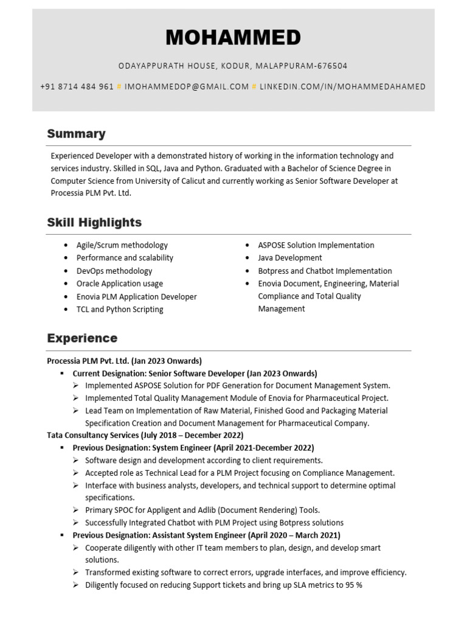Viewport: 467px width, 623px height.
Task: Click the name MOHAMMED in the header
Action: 233,38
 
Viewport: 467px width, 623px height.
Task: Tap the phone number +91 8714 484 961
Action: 77,86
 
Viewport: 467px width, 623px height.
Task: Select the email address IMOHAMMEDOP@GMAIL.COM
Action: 187,86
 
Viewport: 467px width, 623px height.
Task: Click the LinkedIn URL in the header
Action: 342,86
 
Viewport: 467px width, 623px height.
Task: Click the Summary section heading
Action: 76,134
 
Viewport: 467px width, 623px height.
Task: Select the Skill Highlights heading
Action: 94,223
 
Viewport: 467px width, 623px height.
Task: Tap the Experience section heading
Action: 82,338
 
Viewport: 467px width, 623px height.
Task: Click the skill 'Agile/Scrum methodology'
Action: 122,245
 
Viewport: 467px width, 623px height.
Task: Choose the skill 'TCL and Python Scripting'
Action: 119,309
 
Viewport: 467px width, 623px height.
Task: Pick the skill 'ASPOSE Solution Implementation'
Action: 316,245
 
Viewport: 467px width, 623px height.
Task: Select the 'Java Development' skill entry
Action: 290,258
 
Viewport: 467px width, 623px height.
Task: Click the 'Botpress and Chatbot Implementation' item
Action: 325,271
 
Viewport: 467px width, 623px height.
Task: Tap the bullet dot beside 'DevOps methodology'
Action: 66,271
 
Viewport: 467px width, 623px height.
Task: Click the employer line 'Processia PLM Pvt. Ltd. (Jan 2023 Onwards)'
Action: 124,361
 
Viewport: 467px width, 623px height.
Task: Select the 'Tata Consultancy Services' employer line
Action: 145,435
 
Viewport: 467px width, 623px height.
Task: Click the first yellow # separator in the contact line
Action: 119,86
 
